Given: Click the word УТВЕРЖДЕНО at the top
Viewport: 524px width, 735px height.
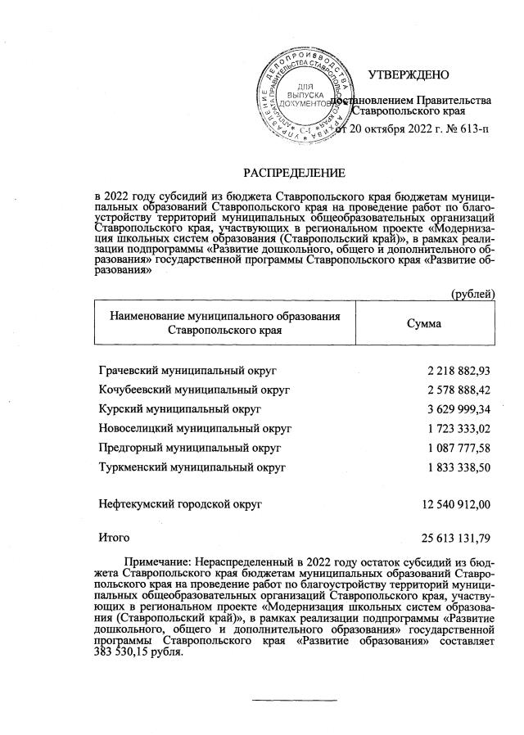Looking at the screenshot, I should click(409, 75).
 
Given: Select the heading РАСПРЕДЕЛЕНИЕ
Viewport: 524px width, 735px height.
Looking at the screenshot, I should click(292, 173).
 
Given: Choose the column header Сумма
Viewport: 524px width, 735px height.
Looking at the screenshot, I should click(424, 323).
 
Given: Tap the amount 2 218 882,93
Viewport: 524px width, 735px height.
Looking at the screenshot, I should click(458, 371).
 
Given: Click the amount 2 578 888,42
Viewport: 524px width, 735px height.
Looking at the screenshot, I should click(458, 390).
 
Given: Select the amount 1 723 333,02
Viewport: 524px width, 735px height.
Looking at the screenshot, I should click(458, 428).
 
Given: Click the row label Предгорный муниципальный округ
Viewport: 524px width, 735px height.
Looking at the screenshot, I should click(189, 448).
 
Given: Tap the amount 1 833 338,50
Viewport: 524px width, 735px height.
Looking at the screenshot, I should click(458, 467).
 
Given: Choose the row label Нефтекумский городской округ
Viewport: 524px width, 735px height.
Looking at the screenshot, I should click(179, 506).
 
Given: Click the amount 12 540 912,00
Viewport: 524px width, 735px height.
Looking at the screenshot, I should click(455, 506).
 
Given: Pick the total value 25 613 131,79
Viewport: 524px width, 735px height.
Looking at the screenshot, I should click(455, 538).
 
